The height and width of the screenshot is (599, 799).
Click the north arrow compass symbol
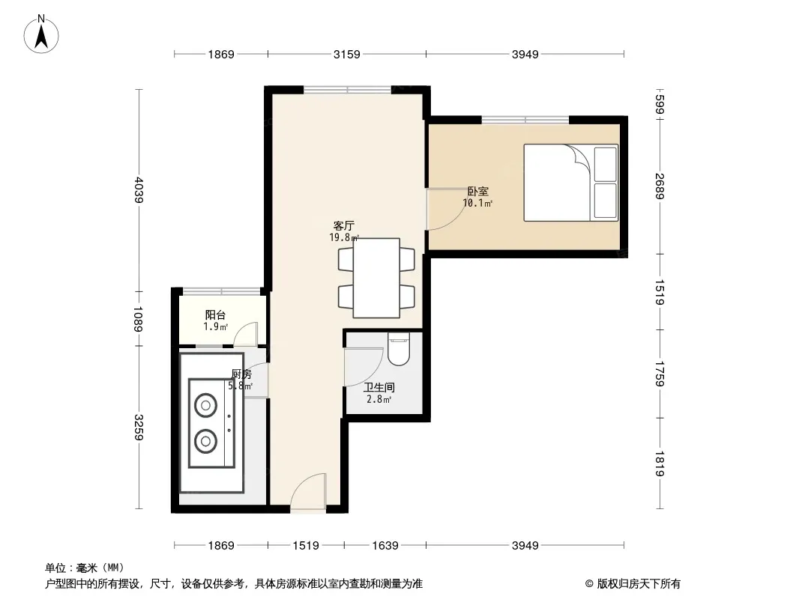(41, 34)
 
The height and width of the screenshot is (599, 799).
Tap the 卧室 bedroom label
(478, 192)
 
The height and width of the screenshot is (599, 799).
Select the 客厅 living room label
(344, 225)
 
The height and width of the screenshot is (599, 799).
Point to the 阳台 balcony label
(215, 315)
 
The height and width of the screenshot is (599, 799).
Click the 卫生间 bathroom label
(379, 388)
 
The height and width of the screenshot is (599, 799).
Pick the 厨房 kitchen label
(241, 374)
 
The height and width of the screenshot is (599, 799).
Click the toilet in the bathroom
(399, 349)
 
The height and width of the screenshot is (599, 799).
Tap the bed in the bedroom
(570, 183)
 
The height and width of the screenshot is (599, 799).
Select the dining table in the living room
(376, 278)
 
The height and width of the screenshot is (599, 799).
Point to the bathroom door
(364, 367)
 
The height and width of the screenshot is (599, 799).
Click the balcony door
(246, 334)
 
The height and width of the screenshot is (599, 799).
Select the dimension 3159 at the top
(347, 55)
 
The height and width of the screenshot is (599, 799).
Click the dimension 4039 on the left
(139, 190)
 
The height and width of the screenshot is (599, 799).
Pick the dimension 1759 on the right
(660, 374)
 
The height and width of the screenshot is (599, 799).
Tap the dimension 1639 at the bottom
(385, 546)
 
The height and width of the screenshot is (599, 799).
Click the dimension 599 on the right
(660, 105)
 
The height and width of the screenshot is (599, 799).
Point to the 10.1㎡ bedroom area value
(477, 204)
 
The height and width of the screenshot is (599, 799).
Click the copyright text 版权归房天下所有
(639, 584)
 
